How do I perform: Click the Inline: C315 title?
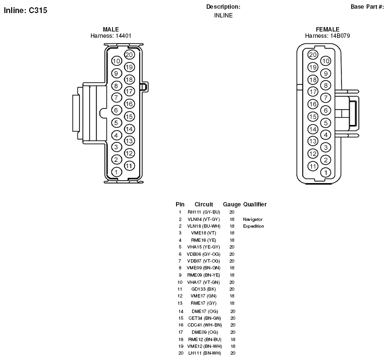pyautogui.click(x=26, y=10)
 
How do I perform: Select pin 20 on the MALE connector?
pyautogui.click(x=129, y=55)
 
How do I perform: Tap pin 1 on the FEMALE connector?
pyautogui.click(x=325, y=172)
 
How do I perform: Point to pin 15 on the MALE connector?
pyautogui.click(x=129, y=116)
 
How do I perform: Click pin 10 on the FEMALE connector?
pyautogui.click(x=325, y=61)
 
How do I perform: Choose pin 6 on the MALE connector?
pyautogui.click(x=116, y=110)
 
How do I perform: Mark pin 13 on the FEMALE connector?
pyautogui.click(x=313, y=141)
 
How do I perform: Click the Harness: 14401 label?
pyautogui.click(x=111, y=36)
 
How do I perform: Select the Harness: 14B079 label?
pyautogui.click(x=327, y=36)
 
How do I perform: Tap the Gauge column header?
pyautogui.click(x=232, y=204)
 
